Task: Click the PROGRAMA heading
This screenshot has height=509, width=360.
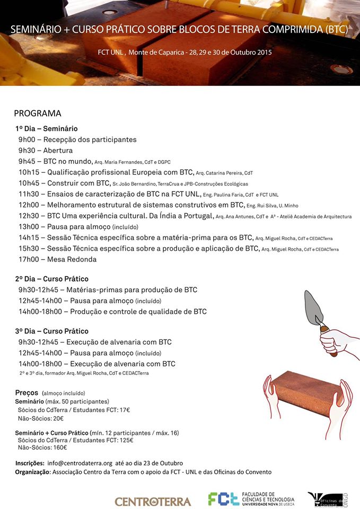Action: pyautogui.click(x=38, y=113)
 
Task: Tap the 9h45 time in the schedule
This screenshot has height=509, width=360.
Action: pyautogui.click(x=27, y=161)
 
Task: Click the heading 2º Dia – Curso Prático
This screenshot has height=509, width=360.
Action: pyautogui.click(x=52, y=279)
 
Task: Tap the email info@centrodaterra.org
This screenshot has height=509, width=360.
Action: pyautogui.click(x=80, y=463)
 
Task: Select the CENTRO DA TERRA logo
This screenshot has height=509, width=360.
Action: pyautogui.click(x=153, y=501)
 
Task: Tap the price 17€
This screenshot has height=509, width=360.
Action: pyautogui.click(x=125, y=410)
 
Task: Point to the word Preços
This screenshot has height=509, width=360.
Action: pyautogui.click(x=27, y=393)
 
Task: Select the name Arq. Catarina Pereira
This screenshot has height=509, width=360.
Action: pyautogui.click(x=219, y=173)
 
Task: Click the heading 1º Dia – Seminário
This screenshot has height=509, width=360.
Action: pyautogui.click(x=47, y=129)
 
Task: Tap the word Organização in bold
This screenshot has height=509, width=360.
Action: pyautogui.click(x=32, y=472)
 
